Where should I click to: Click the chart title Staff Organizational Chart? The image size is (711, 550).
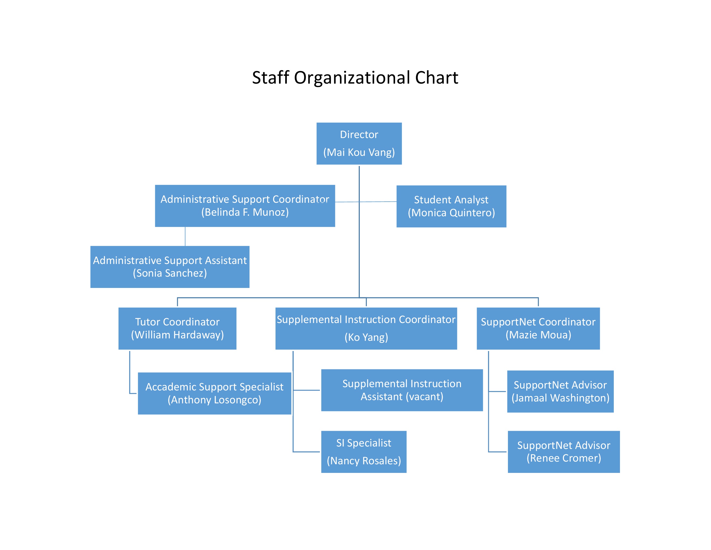[355, 78]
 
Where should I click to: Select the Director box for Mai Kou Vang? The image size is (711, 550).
[359, 143]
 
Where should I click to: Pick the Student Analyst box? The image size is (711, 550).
[451, 206]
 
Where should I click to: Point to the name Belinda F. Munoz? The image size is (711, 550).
[245, 212]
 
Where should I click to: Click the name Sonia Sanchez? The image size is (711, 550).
[170, 273]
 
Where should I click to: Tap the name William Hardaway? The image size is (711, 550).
[177, 335]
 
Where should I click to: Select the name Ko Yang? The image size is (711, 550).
[366, 337]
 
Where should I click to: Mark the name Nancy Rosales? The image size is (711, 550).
[364, 461]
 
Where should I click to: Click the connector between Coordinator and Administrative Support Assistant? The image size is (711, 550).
[185, 236]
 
